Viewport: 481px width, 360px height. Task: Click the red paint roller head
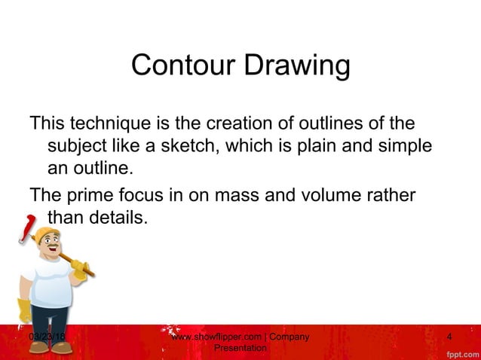tap(29, 225)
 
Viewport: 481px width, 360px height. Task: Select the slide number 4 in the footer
tap(449, 336)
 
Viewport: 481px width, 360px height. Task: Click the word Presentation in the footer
tap(240, 348)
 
